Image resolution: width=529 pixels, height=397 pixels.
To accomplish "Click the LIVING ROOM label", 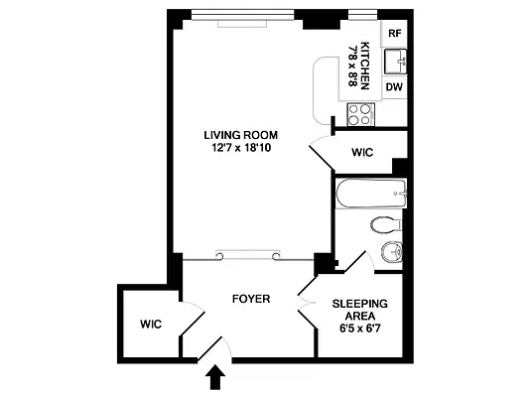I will point(240,135).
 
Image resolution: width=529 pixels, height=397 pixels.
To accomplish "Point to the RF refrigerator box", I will point(394,33).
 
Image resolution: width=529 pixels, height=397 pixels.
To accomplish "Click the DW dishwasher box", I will point(394,87).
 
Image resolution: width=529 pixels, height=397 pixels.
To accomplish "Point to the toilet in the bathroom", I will point(385,224).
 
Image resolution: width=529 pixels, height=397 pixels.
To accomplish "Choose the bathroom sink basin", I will point(390,250).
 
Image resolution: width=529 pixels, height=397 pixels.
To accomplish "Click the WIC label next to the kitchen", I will point(361,152).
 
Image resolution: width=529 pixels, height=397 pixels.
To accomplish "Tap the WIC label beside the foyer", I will point(151,324).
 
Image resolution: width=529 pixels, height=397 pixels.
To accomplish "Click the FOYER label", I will point(252,298).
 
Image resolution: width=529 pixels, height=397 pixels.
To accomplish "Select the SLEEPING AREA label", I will point(359,310).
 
